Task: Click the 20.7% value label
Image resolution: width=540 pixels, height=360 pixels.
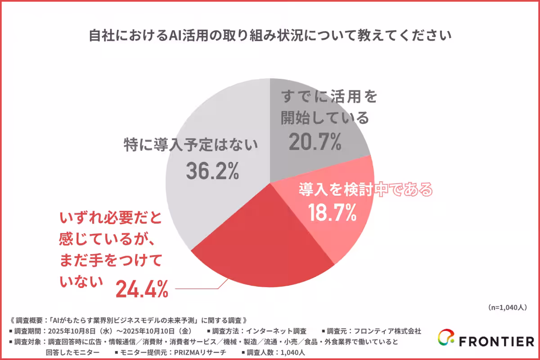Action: point(314,142)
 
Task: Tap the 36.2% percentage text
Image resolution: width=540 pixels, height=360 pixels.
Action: point(211,171)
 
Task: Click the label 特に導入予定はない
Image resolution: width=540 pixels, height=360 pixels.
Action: point(192,145)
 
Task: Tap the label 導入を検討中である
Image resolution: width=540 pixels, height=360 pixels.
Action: point(365,189)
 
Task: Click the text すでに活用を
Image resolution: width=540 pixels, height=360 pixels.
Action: point(328,96)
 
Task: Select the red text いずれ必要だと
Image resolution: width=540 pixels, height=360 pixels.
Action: point(110,220)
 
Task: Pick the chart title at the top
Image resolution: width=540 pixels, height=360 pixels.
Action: point(270,35)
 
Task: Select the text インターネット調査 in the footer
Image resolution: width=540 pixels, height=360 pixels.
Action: point(281,331)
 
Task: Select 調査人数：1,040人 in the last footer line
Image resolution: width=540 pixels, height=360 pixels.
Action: point(276,352)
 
